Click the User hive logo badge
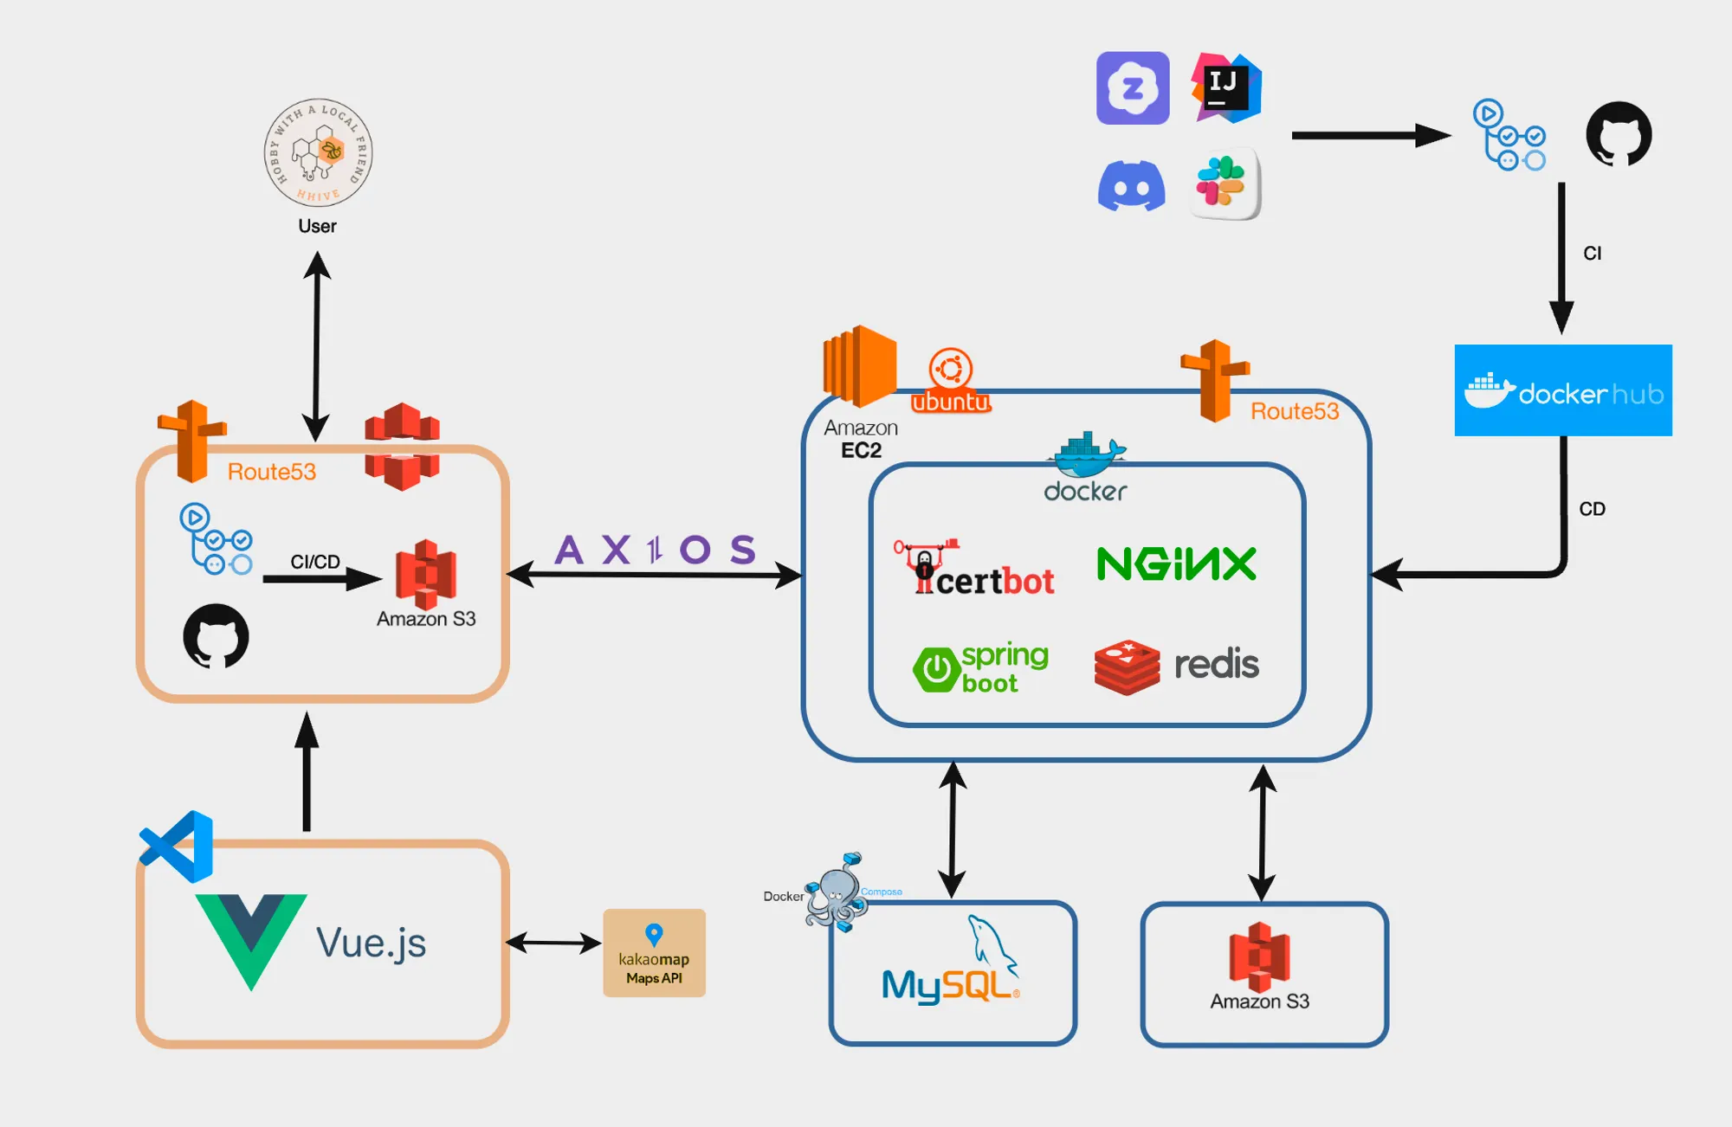tap(318, 152)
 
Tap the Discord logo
tap(1131, 185)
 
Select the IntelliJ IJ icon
tap(1225, 87)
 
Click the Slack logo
tap(1223, 183)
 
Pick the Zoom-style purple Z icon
tap(1133, 88)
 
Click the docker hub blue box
tap(1563, 390)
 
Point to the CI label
tap(1592, 254)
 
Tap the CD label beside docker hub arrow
tap(1592, 509)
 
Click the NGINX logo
tap(1176, 563)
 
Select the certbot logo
tap(974, 570)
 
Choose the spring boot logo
tap(981, 667)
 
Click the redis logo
tap(1176, 667)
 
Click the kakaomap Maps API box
tap(654, 953)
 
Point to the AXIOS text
tap(656, 550)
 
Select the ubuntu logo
tap(951, 381)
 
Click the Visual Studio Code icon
tap(178, 846)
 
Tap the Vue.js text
tap(371, 943)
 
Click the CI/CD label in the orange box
tap(315, 562)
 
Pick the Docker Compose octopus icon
tap(836, 892)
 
